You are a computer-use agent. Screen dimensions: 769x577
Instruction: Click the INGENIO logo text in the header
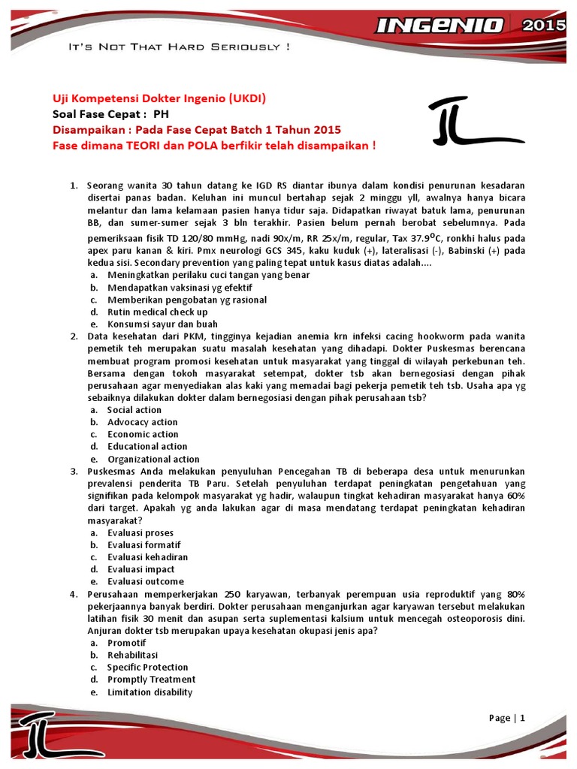[x=439, y=26]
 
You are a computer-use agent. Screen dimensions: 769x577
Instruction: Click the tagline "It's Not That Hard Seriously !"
[x=179, y=47]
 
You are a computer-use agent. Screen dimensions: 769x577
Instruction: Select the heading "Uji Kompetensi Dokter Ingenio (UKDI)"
[x=159, y=99]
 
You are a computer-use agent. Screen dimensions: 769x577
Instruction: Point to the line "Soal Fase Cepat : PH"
[x=110, y=114]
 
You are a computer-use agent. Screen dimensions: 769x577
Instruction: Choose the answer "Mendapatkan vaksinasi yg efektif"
[x=180, y=288]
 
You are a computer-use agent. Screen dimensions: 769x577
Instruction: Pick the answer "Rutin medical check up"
[x=157, y=312]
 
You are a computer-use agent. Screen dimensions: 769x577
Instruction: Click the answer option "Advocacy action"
[x=142, y=422]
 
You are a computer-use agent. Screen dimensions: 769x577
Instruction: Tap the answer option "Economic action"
[x=143, y=434]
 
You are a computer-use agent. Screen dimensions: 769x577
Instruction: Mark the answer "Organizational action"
[x=153, y=459]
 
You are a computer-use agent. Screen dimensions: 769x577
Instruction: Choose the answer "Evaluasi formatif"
[x=143, y=545]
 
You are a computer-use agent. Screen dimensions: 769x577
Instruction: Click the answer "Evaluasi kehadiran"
[x=147, y=557]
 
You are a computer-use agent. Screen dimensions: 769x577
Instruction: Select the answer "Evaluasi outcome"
[x=145, y=581]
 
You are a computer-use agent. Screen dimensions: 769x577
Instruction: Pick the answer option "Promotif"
[x=126, y=643]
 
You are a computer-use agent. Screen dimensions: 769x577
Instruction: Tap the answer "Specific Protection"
[x=147, y=667]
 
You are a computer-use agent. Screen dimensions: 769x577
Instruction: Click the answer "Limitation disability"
[x=150, y=692]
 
